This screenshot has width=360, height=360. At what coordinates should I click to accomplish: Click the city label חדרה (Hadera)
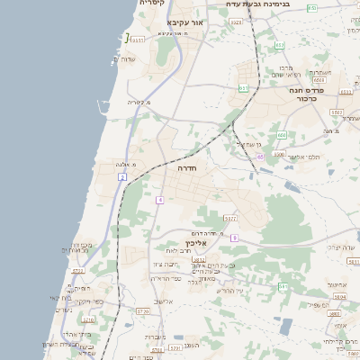[x=186, y=168]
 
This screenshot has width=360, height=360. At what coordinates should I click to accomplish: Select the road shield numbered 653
[x=279, y=45]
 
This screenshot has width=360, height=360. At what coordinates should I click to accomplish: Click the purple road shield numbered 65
[x=259, y=157]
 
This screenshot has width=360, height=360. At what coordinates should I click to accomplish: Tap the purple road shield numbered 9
[x=233, y=238]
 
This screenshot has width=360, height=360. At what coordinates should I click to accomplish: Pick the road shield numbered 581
[x=283, y=287]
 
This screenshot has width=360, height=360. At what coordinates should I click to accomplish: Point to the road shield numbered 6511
[x=137, y=40]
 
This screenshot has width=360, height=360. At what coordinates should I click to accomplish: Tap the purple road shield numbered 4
[x=159, y=200]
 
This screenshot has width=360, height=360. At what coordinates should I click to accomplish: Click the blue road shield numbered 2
[x=121, y=176]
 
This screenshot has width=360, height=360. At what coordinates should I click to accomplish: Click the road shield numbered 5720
[x=88, y=319]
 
